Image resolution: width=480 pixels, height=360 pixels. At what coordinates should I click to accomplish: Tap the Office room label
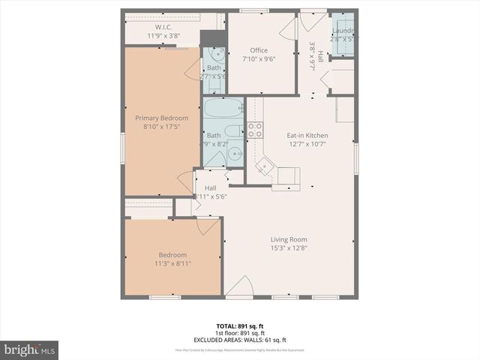[x=259, y=50]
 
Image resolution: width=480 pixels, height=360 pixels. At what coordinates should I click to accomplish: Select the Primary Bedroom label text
[x=161, y=118]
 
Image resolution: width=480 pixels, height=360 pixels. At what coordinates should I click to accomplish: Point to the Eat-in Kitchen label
[x=307, y=136]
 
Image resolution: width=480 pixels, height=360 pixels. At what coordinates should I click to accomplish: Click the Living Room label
[x=289, y=239]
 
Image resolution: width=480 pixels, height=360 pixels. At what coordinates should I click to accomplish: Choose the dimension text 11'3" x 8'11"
[x=172, y=263]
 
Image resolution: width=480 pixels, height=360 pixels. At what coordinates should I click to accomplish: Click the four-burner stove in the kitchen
[x=255, y=129]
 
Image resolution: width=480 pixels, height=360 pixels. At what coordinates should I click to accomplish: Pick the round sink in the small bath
[x=216, y=54]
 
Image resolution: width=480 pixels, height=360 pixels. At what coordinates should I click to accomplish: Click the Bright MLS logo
[x=30, y=349]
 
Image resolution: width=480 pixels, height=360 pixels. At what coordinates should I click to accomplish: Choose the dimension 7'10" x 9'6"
[x=259, y=58]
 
